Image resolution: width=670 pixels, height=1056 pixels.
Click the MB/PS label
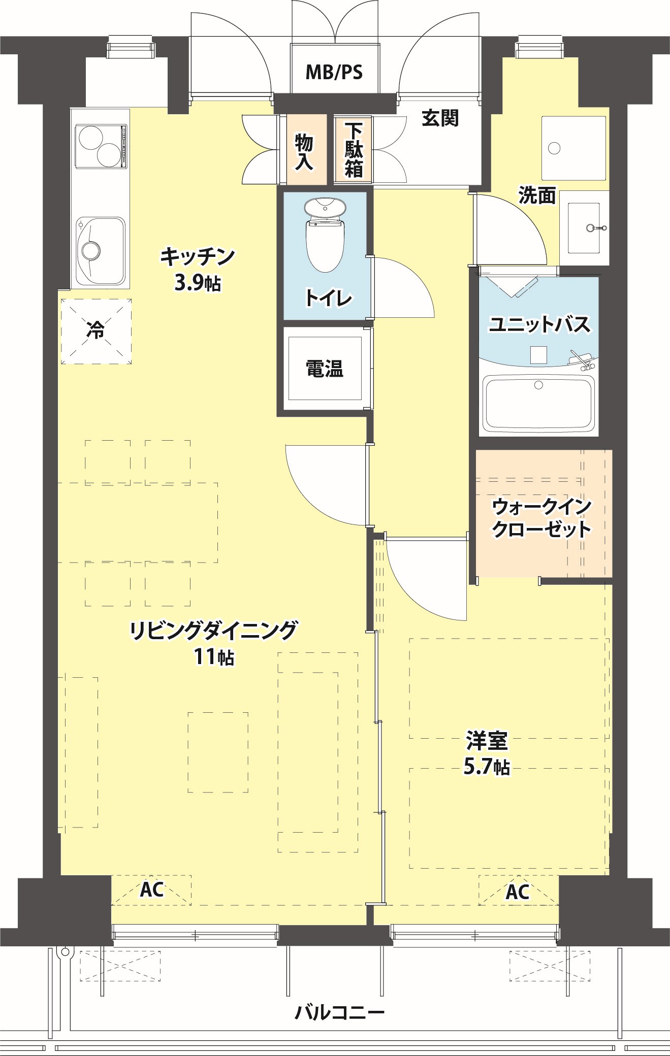pos(334,72)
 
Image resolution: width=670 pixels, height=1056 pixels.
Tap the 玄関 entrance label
pos(440,118)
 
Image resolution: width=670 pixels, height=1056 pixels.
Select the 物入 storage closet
pos(305,151)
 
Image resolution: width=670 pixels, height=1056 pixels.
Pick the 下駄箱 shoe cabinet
pos(354,151)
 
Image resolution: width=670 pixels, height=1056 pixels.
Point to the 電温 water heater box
pos(325,369)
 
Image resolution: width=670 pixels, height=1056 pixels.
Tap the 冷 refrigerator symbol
pos(96,331)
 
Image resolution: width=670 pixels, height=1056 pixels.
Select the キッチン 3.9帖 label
pos(198,269)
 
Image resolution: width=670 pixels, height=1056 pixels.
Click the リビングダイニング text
pos(213,631)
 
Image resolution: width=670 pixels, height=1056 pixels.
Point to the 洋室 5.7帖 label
pos(487,753)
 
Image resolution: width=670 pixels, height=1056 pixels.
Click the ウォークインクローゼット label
pos(541,518)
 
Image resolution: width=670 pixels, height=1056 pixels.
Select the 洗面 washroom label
pos(537,195)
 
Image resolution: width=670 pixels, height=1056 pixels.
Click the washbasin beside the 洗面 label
pos(584,228)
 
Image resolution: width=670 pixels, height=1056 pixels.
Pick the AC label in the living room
pos(151,889)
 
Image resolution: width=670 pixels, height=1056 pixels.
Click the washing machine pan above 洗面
pos(573,148)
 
